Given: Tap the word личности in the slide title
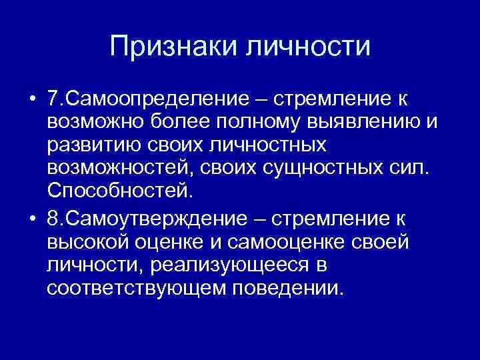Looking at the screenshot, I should (308, 47).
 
